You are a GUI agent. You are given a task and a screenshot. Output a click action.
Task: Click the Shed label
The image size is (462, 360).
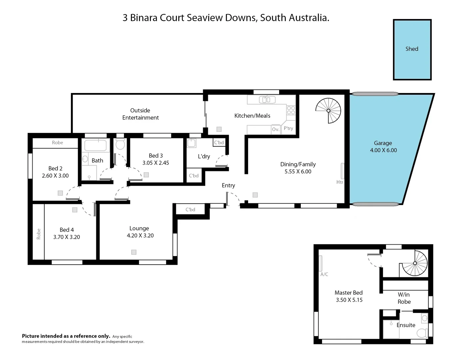[x=412, y=49]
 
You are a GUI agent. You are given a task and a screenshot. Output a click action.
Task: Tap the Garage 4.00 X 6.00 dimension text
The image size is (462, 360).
[x=383, y=150]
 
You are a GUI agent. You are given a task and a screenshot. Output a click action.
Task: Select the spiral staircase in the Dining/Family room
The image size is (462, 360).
[x=328, y=111]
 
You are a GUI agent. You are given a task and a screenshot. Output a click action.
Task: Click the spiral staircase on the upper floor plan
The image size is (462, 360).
[x=415, y=263]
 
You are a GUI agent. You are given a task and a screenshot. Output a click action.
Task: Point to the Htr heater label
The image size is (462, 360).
[x=340, y=182]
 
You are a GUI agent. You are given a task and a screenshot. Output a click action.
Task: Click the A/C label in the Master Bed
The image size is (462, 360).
[x=324, y=274]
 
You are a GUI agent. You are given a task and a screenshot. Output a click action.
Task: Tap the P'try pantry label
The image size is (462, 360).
[x=288, y=128]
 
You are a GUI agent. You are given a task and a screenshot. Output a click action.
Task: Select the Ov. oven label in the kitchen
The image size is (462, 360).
[x=275, y=129]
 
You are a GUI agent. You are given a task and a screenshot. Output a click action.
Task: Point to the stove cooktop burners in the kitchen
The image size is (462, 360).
[x=291, y=110]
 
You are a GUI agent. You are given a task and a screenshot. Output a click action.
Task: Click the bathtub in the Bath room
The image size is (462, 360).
[x=95, y=146]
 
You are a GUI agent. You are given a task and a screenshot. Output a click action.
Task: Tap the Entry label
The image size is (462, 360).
[x=229, y=185]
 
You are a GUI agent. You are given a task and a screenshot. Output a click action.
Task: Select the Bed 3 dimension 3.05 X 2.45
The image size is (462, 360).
[x=156, y=163]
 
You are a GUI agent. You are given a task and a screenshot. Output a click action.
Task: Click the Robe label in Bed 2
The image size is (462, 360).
[x=57, y=143]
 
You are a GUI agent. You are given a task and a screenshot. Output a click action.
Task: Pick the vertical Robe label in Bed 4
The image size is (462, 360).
[x=38, y=234]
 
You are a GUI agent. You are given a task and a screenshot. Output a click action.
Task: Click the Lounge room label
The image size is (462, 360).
[x=139, y=228]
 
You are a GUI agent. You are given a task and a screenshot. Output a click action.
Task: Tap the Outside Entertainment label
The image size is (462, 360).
[x=140, y=114]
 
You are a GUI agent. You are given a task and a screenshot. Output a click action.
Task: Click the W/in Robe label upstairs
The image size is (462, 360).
[x=404, y=298]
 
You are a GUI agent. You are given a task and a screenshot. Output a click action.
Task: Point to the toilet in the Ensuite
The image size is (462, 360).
[x=422, y=332]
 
